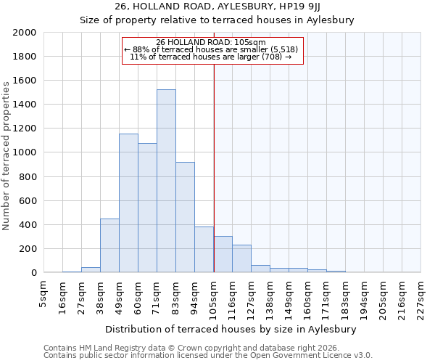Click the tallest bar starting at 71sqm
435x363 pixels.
tap(166, 181)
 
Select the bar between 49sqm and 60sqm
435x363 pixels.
tap(128, 203)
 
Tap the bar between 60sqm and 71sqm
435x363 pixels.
tap(147, 208)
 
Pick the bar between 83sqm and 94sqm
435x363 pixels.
tap(185, 217)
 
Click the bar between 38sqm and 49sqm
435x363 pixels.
tap(109, 245)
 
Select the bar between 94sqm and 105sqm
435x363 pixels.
tap(204, 250)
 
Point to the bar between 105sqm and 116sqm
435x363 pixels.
tap(223, 254)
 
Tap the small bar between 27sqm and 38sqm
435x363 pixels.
tap(91, 269)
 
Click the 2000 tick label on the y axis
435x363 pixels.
tap(25, 33)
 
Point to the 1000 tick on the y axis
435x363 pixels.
tap(25, 152)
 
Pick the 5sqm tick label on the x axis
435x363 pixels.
tap(44, 290)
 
